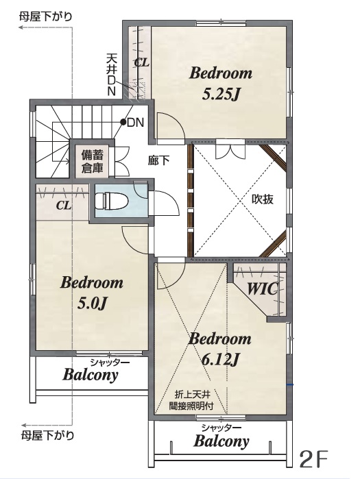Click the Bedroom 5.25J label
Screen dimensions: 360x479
221,84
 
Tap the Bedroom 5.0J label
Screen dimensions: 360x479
92,293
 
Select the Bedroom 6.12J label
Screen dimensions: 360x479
220,349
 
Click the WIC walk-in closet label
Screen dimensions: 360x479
263,288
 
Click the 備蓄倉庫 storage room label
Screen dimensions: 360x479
92,161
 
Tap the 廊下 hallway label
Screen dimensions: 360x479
158,160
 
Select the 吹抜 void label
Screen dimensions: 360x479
263,199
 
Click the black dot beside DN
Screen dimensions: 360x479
123,122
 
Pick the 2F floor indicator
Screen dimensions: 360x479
313,458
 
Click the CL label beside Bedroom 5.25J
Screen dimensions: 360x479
142,62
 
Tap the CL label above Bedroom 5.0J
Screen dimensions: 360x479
64,206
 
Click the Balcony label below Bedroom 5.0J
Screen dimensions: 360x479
91,375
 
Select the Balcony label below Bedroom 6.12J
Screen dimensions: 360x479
221,441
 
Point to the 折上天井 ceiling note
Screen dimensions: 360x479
192,395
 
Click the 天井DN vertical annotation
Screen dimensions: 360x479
111,75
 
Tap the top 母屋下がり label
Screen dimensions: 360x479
45,16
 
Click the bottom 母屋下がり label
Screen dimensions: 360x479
47,434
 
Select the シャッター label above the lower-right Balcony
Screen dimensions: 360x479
221,428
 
